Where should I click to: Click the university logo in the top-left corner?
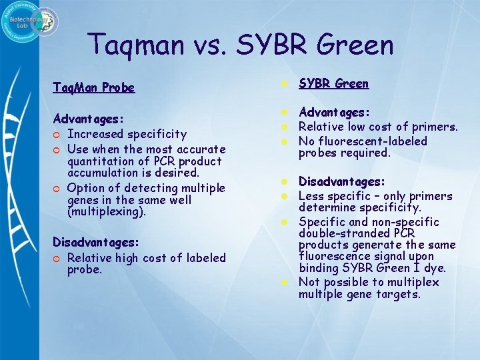tap(31, 21)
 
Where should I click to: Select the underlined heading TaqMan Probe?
tap(94, 87)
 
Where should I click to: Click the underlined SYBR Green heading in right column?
tap(333, 84)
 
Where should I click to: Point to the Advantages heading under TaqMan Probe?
tap(89, 119)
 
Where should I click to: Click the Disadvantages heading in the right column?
tap(341, 181)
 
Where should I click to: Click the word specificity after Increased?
tap(157, 135)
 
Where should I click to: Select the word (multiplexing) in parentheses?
tap(107, 212)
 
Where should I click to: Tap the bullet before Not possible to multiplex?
tap(283, 282)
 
